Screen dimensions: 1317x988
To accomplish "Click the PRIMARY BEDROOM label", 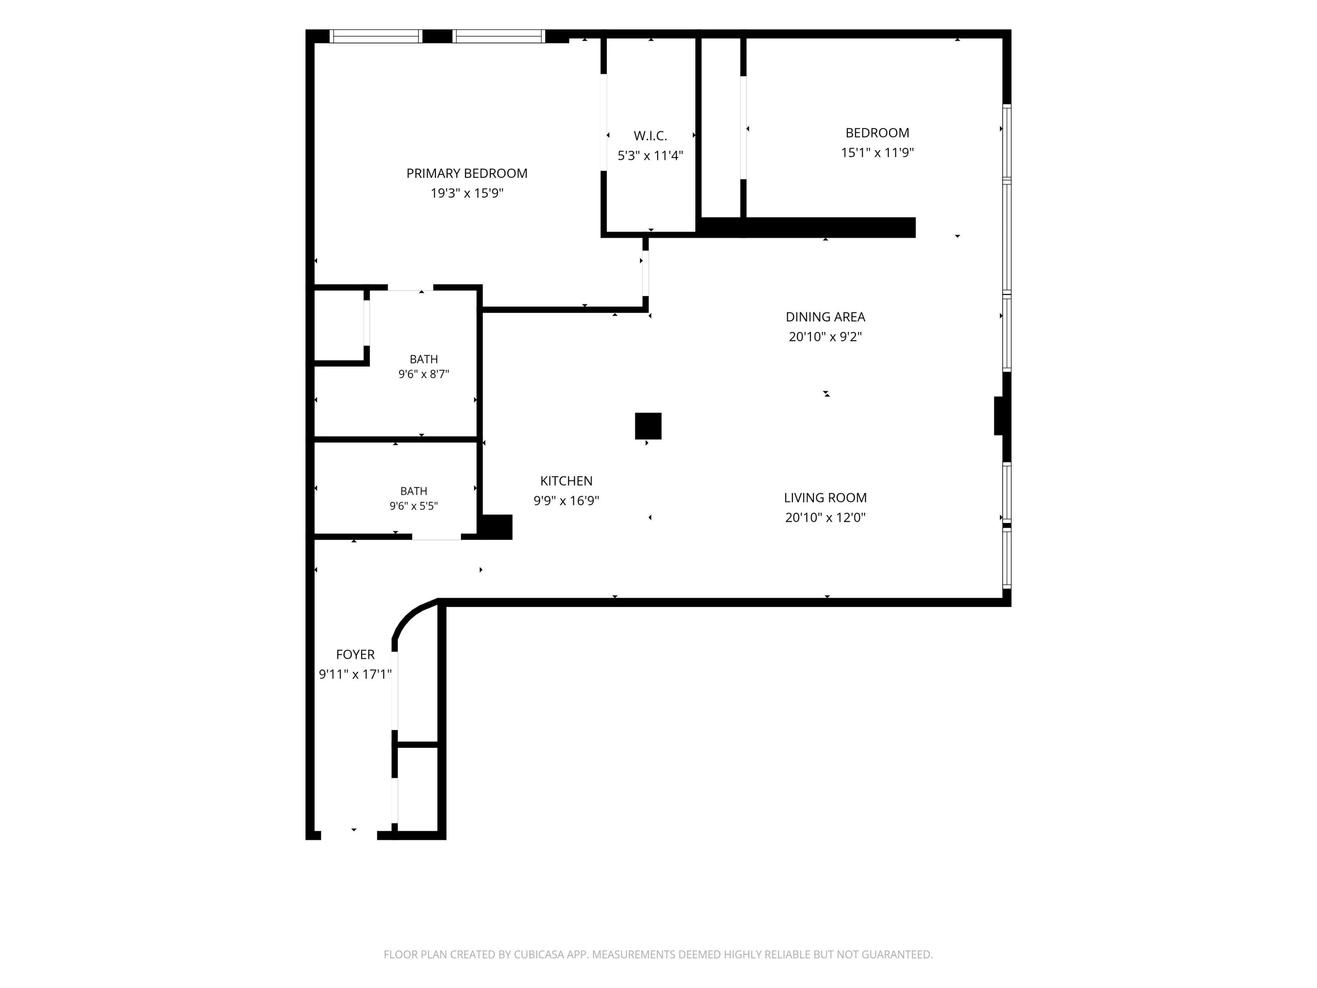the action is [x=467, y=173].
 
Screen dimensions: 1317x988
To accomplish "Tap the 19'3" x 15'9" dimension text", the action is [x=467, y=193].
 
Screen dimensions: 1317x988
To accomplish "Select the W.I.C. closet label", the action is [x=650, y=136].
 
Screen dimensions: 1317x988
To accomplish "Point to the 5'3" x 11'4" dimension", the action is [x=650, y=155].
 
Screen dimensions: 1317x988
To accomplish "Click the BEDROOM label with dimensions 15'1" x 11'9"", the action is [x=877, y=133].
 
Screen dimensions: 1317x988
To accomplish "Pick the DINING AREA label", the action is [x=825, y=317].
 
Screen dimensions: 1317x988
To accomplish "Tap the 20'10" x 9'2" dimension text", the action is [x=825, y=336].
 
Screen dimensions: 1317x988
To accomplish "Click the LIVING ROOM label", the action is [x=825, y=498].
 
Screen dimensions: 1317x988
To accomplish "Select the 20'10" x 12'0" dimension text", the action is [x=825, y=518].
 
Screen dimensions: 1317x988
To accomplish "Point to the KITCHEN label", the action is [x=566, y=481].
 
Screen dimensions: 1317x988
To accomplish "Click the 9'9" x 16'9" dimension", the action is [x=566, y=501].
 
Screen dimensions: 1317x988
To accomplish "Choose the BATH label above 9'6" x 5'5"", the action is [x=414, y=491].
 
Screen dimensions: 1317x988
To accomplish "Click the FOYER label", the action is [x=356, y=655].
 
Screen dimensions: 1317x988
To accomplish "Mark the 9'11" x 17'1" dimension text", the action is [x=356, y=674].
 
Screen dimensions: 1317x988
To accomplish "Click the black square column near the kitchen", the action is [x=648, y=426].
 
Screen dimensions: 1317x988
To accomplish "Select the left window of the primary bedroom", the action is [x=376, y=36].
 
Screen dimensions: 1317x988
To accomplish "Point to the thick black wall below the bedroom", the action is [x=807, y=227].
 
